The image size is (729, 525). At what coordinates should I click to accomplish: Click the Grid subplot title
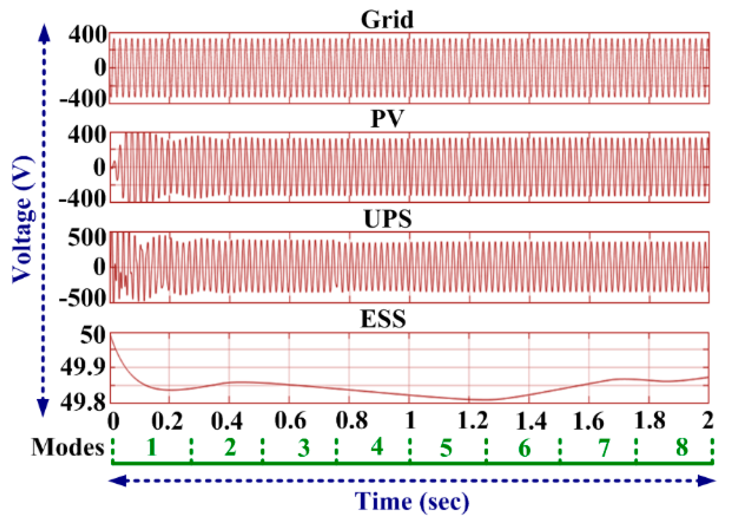point(387,20)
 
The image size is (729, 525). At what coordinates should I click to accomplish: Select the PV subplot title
point(387,119)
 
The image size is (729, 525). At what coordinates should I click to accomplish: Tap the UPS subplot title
point(387,219)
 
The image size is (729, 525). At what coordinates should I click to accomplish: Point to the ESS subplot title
point(384,319)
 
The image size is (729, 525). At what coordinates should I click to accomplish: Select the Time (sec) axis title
point(412,502)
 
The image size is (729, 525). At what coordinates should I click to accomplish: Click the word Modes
point(68,447)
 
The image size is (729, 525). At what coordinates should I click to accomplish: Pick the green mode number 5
point(446,448)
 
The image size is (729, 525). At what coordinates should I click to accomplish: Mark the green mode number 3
point(304,448)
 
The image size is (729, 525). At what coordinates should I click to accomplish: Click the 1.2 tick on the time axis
point(472,421)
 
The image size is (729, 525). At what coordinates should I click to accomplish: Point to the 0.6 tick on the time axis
point(290,421)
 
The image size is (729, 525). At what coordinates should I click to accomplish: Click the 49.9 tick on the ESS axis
point(82,368)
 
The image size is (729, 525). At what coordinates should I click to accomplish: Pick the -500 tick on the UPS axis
point(82,298)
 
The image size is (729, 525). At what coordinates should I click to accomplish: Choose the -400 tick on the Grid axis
point(82,99)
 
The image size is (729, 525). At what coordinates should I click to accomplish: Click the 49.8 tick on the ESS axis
point(82,403)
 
